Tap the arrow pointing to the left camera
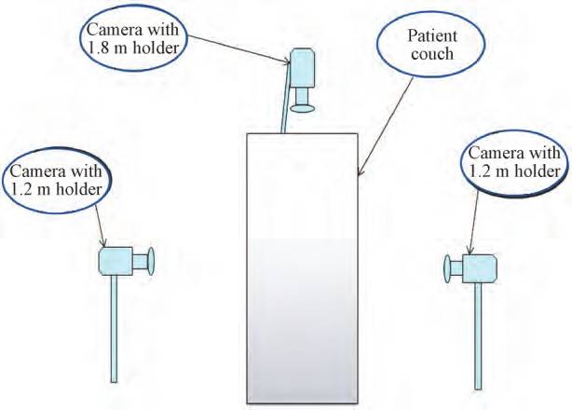pos(102,223)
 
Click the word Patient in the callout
pos(432,36)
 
